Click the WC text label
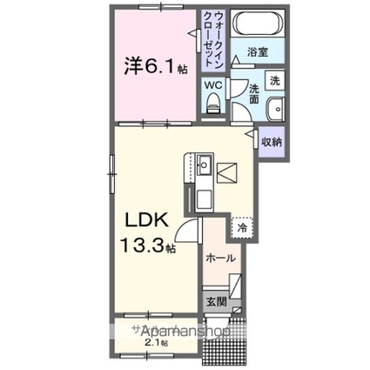click(x=212, y=85)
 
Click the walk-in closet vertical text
click(x=213, y=40)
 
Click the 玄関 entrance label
click(x=216, y=302)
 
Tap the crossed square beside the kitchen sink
click(x=228, y=172)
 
